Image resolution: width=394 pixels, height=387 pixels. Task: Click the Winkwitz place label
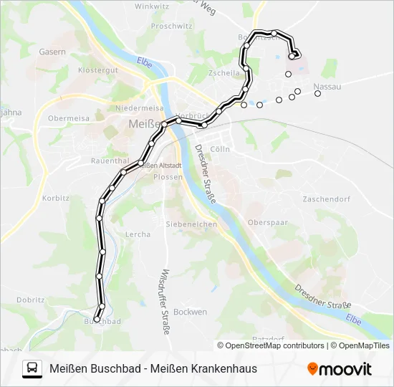(x=150, y=6)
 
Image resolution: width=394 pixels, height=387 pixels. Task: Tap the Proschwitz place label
(x=172, y=26)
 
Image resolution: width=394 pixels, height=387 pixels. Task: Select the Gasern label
(x=52, y=52)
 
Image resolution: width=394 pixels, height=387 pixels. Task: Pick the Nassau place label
(x=327, y=86)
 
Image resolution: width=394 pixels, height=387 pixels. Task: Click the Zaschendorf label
(x=326, y=199)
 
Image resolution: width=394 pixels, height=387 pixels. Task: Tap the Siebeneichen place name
(x=191, y=224)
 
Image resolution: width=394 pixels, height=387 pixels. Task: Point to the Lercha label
(x=138, y=234)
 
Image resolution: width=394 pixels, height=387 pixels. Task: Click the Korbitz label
(x=55, y=197)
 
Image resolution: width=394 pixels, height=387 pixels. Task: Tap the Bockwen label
(x=190, y=312)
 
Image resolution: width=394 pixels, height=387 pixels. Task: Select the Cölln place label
(x=221, y=149)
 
